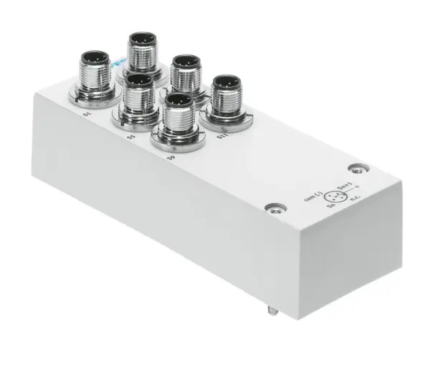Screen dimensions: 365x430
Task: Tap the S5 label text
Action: [x=130, y=135]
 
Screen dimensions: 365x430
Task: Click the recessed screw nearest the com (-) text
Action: [x=270, y=208]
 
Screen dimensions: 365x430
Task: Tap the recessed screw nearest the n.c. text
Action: [x=357, y=169]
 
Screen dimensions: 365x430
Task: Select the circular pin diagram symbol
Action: [x=333, y=196]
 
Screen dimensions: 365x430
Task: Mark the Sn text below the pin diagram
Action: [x=331, y=209]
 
